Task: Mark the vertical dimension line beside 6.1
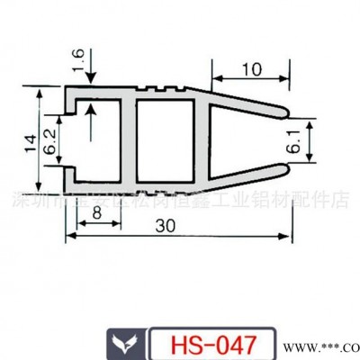tap(310, 141)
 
